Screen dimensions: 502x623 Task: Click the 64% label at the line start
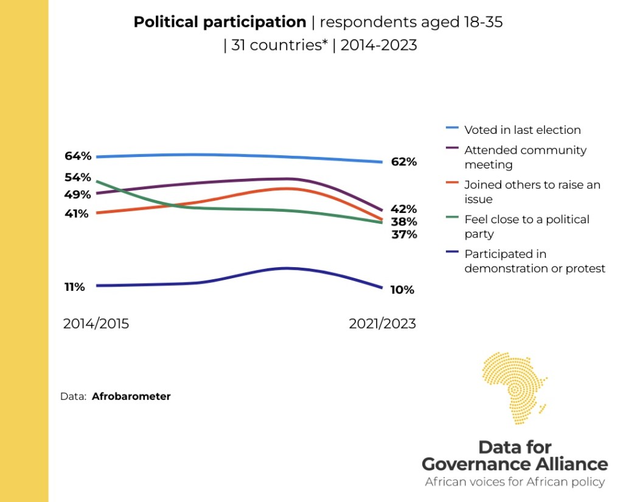pos(78,156)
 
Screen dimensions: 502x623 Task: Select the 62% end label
pos(403,162)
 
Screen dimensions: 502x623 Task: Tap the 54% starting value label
pos(78,178)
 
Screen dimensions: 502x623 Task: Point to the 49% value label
pos(78,195)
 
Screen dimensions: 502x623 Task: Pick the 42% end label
pos(403,209)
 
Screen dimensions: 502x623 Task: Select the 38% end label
pos(403,221)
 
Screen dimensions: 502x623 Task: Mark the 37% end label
pos(403,234)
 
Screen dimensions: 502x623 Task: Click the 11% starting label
pos(75,287)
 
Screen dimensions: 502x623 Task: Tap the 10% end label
pos(402,290)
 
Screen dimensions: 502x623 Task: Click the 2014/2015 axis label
pos(96,324)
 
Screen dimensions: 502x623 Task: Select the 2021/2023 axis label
pos(382,324)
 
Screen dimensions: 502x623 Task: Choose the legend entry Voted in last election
pos(522,130)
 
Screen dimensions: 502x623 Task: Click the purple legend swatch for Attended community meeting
pos(453,150)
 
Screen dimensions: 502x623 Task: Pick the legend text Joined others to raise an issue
pos(532,192)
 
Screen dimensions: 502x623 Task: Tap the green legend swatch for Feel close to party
pos(453,219)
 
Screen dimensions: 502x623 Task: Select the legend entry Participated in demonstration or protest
pos(534,261)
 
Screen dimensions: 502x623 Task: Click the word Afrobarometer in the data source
pos(131,396)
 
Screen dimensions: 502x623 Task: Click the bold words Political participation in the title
pos(220,23)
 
